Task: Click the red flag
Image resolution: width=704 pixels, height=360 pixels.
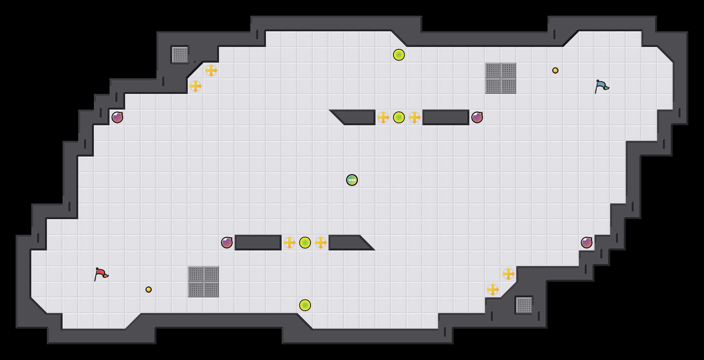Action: (x=101, y=274)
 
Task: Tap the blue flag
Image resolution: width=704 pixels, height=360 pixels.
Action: (x=602, y=86)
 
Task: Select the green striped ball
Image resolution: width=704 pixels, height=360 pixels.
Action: (x=352, y=180)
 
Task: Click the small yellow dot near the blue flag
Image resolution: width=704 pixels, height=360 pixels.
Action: (x=555, y=70)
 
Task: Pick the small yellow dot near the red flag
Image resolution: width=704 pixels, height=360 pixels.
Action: (x=149, y=290)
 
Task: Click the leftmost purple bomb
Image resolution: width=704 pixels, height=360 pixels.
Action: (x=117, y=117)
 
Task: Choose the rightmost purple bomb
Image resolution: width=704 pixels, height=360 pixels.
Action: (x=587, y=243)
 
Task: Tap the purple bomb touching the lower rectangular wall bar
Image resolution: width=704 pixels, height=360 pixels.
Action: (x=227, y=243)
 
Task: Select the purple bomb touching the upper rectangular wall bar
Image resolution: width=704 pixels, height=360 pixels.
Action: (x=477, y=117)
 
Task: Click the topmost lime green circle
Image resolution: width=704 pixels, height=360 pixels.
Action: (x=399, y=55)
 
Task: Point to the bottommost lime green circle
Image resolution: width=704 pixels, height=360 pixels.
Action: (x=305, y=305)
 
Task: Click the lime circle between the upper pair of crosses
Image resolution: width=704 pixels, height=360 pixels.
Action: (x=399, y=117)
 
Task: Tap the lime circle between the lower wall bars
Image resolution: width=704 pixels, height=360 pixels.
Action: (x=305, y=243)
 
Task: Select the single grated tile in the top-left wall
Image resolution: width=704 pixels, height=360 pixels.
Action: (x=180, y=55)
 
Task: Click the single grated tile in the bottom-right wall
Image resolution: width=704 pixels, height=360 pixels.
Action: (x=524, y=305)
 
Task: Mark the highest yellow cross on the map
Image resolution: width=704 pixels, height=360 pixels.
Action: (x=211, y=70)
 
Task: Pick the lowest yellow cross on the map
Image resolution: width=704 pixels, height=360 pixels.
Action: (x=493, y=290)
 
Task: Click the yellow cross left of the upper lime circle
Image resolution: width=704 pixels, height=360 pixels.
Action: (x=383, y=117)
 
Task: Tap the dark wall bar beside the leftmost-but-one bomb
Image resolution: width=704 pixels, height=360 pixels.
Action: (x=258, y=243)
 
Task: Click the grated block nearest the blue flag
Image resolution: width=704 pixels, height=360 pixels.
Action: (x=501, y=78)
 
